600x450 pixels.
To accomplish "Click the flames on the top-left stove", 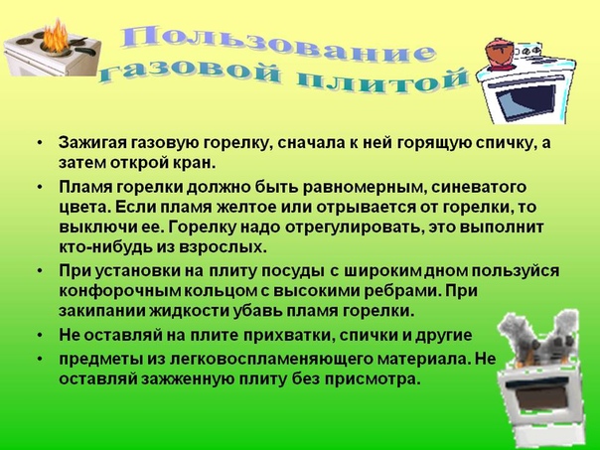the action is tap(55, 36).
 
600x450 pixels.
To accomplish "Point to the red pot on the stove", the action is tap(500, 53).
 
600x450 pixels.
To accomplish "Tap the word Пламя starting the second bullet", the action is tap(85, 187).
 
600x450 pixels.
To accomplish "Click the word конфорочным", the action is tap(120, 291).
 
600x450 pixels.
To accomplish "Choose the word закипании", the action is tap(101, 311).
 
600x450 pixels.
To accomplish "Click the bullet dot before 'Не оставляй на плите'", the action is tap(41, 336).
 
